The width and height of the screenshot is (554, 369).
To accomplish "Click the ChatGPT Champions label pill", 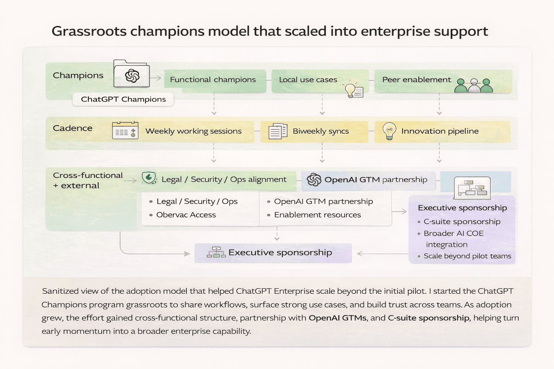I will pos(123,99).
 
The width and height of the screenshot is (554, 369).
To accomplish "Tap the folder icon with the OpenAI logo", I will pos(132,74).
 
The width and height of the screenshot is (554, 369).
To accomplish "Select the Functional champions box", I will pos(213,80).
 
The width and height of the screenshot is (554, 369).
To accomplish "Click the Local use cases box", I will pos(308,80).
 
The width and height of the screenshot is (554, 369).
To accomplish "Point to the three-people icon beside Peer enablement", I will pos(474,85).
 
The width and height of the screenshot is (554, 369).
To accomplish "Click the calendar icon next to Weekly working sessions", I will pos(125,130).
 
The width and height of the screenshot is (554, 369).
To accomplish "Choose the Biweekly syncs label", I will pos(321,131).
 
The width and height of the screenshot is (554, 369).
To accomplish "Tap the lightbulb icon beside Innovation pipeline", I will pos(390,131).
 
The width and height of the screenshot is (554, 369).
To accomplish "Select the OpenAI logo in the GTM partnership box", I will pos(314,179).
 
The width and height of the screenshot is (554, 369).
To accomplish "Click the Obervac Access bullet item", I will pos(186,215).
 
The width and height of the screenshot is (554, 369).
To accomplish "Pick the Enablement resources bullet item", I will pos(317,215).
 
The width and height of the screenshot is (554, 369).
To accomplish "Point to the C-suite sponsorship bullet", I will pos(462,222).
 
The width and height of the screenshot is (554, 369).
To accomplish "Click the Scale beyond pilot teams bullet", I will pos(467,256).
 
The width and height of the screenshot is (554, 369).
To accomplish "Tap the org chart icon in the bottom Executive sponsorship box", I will pos(216,252).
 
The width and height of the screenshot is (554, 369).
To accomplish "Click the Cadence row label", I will pos(72,128).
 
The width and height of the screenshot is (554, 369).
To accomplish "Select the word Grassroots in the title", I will pos(89,31).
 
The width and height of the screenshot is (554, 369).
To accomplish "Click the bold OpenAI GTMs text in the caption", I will pos(337,318).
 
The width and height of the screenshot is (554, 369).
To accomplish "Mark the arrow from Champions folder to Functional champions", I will pos(156,78).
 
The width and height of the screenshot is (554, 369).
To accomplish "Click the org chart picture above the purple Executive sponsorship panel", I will pos(472,188).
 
